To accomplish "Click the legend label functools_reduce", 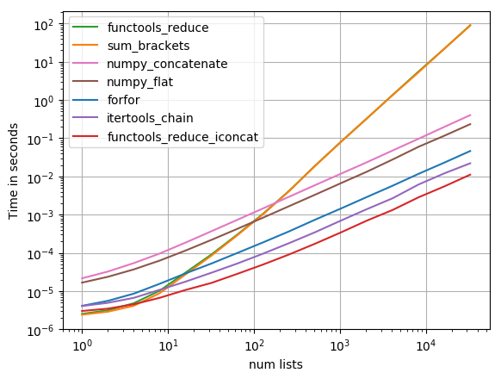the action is click(158, 28).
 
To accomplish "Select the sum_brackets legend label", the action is click(149, 46).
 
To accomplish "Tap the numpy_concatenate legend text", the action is click(167, 65).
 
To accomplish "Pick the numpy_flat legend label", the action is click(140, 82).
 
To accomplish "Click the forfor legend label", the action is click(124, 100).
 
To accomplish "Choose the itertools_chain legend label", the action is click(150, 118).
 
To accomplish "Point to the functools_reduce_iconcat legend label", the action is click(182, 137).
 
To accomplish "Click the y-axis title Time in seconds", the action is click(13, 171).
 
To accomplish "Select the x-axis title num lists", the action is click(275, 364).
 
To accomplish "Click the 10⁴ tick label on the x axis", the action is click(427, 345).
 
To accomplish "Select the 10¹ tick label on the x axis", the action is click(169, 345).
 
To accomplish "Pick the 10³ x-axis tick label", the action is click(341, 345).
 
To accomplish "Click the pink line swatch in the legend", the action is click(85, 64).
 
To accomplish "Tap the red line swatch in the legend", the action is click(85, 137).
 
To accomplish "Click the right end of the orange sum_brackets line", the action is click(471, 25).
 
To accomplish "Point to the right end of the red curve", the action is click(471, 174).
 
